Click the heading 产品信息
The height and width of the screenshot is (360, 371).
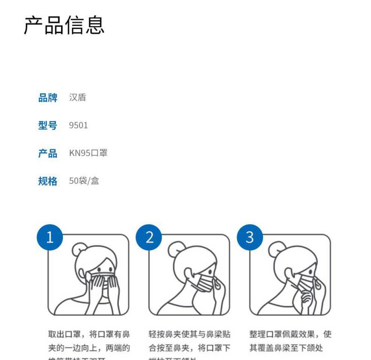coord(64,25)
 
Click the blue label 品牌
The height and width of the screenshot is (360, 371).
coord(47,98)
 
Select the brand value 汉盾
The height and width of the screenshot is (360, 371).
coord(77,98)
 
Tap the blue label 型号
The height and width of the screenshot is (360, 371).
coord(47,125)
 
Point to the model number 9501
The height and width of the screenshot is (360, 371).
coord(78,125)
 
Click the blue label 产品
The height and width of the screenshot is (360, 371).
coord(47,153)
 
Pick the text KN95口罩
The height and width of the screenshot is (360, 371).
coord(88,153)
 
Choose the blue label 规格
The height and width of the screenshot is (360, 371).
coord(47,181)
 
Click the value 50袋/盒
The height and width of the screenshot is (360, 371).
coord(84,181)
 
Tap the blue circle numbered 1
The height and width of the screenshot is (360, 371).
coord(49,237)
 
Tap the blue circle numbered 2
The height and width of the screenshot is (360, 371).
coord(149,237)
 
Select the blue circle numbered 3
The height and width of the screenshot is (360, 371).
coord(249,237)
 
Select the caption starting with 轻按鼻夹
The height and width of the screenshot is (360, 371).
coord(189,341)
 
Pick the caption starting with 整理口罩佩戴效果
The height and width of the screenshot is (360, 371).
coord(290,341)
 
